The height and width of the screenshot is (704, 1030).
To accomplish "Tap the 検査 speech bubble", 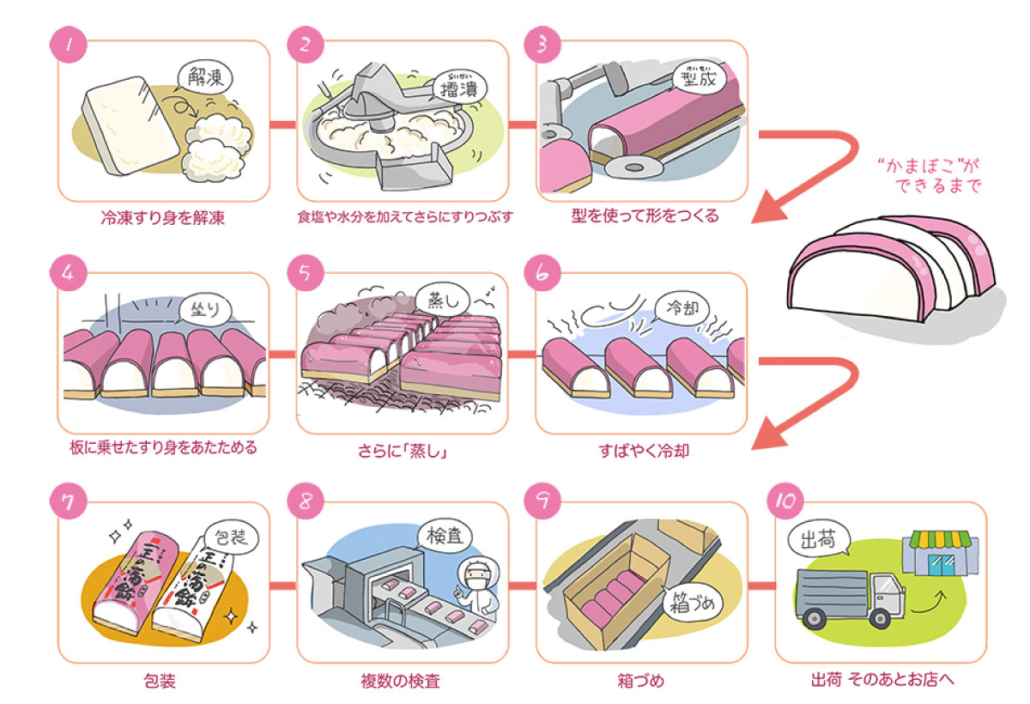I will tap(444, 537).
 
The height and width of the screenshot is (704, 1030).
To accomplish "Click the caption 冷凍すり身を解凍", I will tap(162, 217).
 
